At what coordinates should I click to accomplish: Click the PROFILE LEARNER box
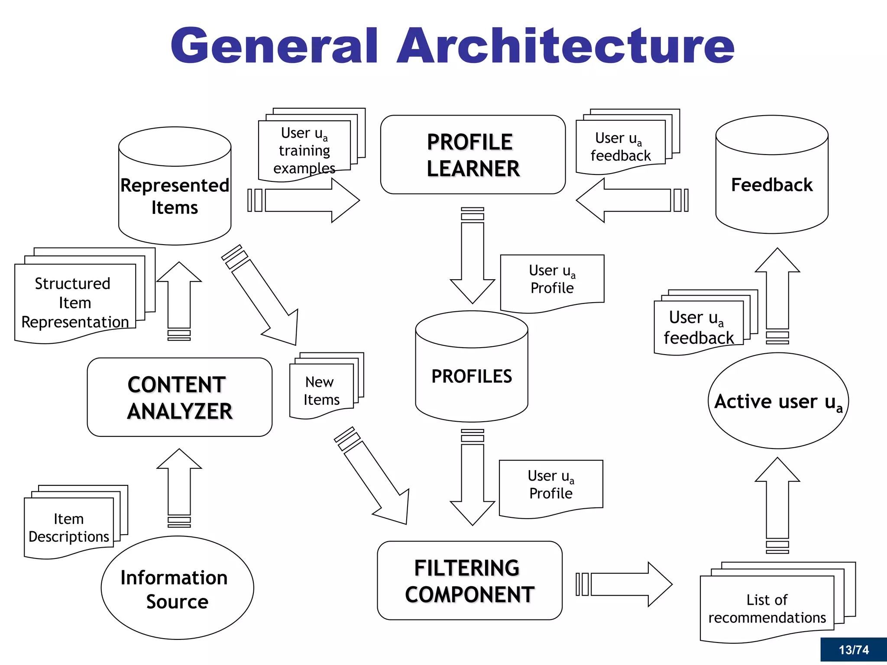(x=473, y=155)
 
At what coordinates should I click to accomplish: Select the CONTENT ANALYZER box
(x=179, y=397)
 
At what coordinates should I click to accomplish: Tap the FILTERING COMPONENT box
(x=469, y=581)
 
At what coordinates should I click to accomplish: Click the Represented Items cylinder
(x=175, y=196)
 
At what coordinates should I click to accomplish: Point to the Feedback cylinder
(x=771, y=184)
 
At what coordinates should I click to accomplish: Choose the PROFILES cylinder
(x=471, y=376)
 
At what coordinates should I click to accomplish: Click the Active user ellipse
(x=778, y=401)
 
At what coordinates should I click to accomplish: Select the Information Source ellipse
(x=177, y=589)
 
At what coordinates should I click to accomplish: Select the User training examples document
(x=304, y=149)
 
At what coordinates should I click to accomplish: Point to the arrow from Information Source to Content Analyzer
(x=179, y=485)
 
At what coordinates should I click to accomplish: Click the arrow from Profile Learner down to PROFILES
(x=473, y=260)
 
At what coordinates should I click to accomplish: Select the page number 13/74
(x=853, y=650)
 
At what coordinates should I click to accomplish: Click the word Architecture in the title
(x=565, y=45)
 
